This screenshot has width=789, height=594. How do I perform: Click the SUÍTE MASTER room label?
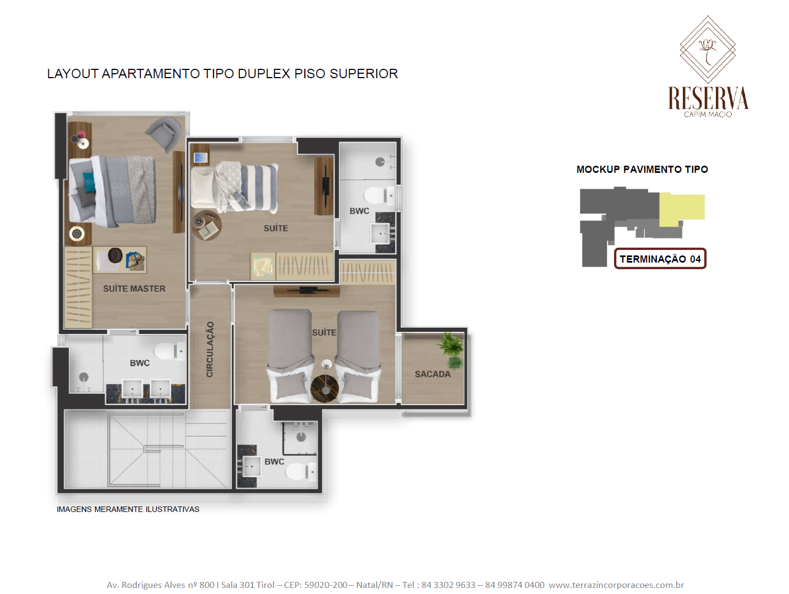[x=134, y=288]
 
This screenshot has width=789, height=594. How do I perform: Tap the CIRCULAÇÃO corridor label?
[x=210, y=349]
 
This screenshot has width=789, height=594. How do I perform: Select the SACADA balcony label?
[x=432, y=374]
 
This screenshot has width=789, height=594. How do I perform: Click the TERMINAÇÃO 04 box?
[x=660, y=259]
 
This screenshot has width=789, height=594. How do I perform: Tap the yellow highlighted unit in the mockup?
[x=681, y=209]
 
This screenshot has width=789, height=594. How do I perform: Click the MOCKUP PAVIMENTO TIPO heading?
[x=642, y=170]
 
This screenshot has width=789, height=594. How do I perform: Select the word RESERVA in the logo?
[x=708, y=98]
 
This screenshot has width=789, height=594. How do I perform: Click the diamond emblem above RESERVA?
[x=708, y=50]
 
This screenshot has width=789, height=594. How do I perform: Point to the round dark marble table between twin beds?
[x=324, y=388]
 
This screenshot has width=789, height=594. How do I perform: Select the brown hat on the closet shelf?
[x=115, y=255]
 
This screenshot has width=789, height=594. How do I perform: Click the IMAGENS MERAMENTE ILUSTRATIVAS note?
[x=128, y=509]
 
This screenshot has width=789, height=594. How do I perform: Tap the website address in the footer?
[x=616, y=585]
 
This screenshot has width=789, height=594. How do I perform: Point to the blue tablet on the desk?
[x=200, y=157]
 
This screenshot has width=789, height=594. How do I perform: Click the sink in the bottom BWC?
[x=251, y=466]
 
